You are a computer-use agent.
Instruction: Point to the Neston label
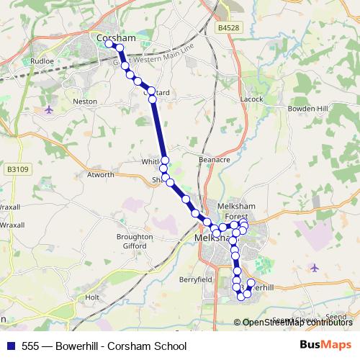pyautogui.click(x=85, y=102)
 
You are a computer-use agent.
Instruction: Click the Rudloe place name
pyautogui.click(x=41, y=62)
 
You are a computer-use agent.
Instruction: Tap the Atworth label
pyautogui.click(x=100, y=174)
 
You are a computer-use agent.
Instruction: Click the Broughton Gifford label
pyautogui.click(x=135, y=240)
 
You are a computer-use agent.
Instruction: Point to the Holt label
pyautogui.click(x=91, y=297)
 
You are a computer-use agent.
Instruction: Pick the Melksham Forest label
pyautogui.click(x=233, y=211)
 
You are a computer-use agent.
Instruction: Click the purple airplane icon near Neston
pyautogui.click(x=48, y=109)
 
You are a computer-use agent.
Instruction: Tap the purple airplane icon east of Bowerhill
pyautogui.click(x=315, y=268)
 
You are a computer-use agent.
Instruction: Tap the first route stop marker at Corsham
pyautogui.click(x=109, y=44)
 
